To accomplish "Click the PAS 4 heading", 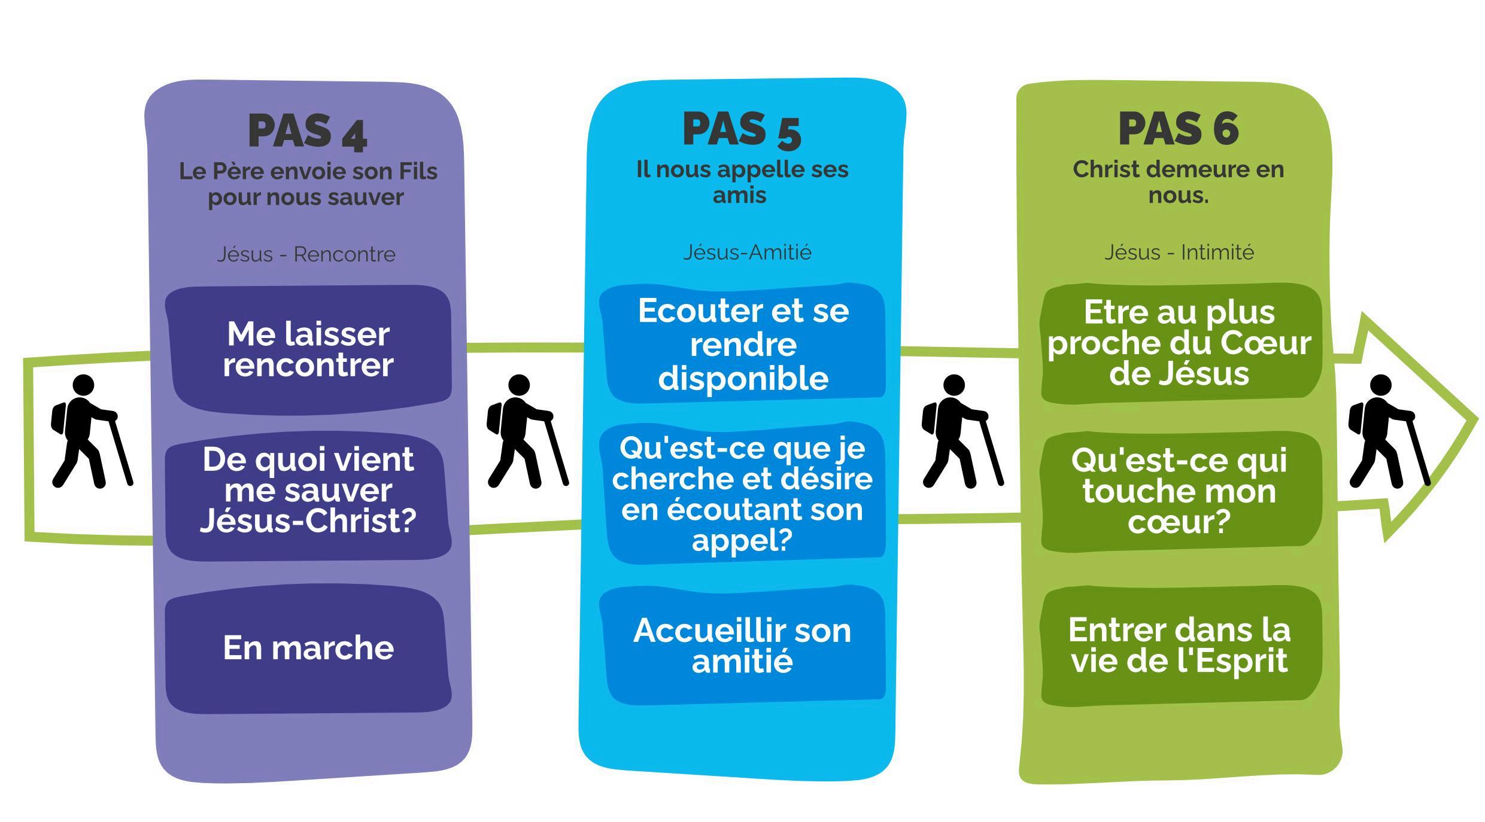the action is point(307,131).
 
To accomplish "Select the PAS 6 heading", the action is point(1178,129).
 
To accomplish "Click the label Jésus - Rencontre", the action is point(306,254).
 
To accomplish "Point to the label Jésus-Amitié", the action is point(747,252).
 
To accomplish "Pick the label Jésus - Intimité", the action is point(1179,252).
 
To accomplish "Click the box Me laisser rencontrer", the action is point(308,350).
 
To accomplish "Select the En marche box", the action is point(308,648).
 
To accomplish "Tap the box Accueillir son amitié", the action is point(742,646).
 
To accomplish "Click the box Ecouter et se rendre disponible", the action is point(743,345).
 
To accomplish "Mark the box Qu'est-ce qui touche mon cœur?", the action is point(1179,491).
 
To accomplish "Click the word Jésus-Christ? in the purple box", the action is point(308,520).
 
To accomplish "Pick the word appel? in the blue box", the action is point(742,540).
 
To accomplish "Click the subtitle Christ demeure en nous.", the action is point(1178,182).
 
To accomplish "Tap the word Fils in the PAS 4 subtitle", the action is point(419,172).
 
